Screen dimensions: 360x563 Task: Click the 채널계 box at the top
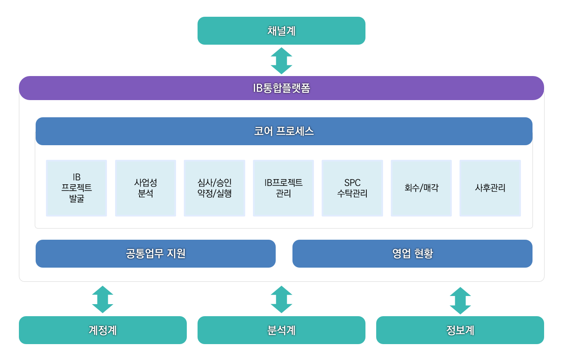[x=281, y=31]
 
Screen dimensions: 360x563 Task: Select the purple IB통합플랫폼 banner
[x=281, y=88]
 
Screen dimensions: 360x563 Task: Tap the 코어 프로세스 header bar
[x=284, y=131]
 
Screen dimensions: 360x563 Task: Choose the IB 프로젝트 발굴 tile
[x=76, y=188]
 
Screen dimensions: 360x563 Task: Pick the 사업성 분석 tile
[x=146, y=188]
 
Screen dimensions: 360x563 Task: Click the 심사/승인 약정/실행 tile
[x=214, y=188]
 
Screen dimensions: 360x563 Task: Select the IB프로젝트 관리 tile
[x=283, y=188]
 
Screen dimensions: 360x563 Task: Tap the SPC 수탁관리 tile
[x=352, y=188]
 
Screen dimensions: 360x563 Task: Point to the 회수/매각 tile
[x=421, y=188]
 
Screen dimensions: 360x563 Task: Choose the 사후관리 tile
[x=490, y=188]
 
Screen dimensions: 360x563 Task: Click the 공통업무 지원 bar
[x=155, y=253]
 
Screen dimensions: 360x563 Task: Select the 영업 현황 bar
[x=412, y=253]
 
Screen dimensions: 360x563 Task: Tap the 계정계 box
[x=103, y=330]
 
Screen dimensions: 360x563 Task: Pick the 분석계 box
[x=281, y=330]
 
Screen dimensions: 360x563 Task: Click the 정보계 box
[x=460, y=330]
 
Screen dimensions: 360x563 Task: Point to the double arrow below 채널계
[x=281, y=61]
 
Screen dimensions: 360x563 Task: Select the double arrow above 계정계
[x=103, y=299]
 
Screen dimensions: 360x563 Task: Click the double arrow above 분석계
[x=281, y=299]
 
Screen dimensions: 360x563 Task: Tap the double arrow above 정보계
[x=460, y=300]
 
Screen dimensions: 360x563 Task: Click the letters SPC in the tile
[x=352, y=183]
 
